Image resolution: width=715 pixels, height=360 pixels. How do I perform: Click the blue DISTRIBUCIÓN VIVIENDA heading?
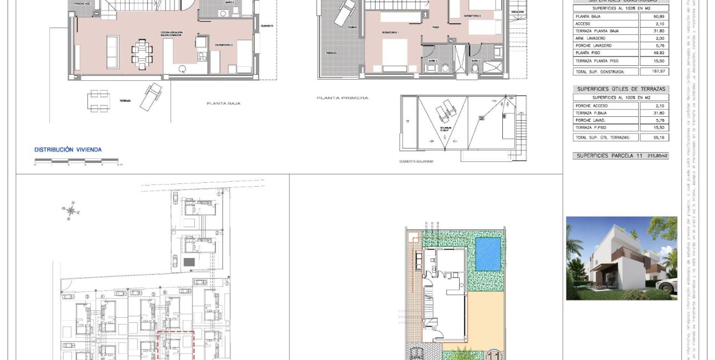point(68,150)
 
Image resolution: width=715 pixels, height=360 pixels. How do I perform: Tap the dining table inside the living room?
point(142,53)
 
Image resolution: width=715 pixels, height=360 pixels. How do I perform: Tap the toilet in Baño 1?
point(446,69)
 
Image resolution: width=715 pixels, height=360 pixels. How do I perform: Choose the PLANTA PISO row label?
point(588,53)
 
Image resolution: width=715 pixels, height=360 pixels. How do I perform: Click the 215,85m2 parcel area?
point(657,156)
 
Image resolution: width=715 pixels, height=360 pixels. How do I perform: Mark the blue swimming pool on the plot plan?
point(488,254)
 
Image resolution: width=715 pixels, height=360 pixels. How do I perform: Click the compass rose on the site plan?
point(71,210)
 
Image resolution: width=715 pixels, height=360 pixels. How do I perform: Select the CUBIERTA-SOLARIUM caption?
point(416,161)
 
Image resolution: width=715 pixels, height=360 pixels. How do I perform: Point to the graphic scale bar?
point(76,161)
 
